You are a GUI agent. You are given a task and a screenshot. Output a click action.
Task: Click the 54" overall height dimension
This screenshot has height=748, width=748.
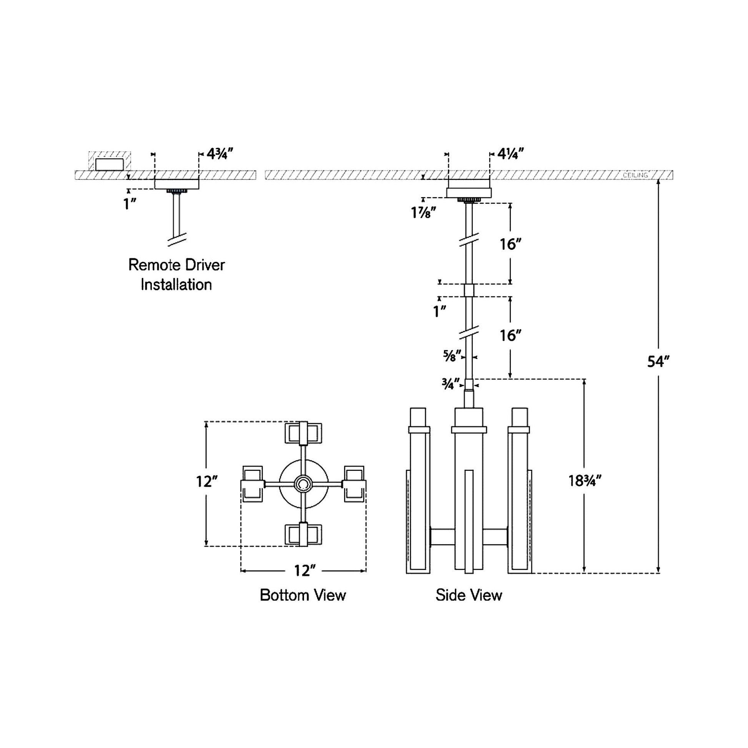point(658,362)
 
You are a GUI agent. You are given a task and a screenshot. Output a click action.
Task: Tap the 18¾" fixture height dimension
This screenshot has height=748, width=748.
point(585,481)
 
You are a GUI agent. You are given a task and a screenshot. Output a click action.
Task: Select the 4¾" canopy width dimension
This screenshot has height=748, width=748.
point(219,154)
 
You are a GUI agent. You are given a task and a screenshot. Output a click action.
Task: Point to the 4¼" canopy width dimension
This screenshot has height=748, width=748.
point(510,154)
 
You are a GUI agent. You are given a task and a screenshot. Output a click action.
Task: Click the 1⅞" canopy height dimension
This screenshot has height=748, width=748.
point(424,213)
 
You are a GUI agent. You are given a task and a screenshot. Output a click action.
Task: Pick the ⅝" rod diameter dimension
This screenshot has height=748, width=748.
point(452,356)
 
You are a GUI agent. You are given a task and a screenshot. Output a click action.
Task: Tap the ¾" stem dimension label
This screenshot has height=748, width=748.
point(450,384)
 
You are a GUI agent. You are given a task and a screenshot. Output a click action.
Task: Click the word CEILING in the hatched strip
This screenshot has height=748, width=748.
point(635,175)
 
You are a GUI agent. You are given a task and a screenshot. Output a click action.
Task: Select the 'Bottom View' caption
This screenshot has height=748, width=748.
point(303,595)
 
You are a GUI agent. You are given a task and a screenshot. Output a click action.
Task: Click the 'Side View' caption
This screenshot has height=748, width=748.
point(469,595)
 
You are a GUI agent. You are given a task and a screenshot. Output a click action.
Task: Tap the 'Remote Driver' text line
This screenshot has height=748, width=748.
point(176,265)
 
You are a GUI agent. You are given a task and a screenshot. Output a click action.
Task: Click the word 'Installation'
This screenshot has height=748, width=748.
point(176,284)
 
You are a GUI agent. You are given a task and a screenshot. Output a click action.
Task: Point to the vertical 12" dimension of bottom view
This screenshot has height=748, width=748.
point(206,482)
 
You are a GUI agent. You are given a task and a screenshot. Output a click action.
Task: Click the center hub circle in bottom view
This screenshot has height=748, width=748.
point(303,484)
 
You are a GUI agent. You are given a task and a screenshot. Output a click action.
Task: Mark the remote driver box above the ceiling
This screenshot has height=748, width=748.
point(110,164)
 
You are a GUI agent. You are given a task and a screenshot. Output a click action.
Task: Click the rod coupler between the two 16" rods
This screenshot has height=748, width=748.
point(469,290)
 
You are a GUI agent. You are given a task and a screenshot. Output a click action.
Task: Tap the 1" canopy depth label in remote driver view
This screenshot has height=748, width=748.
point(130,204)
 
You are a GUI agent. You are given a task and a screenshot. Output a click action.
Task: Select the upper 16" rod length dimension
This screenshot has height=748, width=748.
point(510,244)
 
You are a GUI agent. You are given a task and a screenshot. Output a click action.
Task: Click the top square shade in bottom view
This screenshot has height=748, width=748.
point(304,433)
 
